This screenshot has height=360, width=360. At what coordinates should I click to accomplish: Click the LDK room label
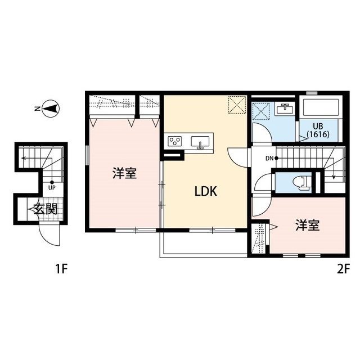pyautogui.click(x=206, y=191)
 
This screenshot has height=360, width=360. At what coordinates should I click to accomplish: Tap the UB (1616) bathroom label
pyautogui.click(x=318, y=130)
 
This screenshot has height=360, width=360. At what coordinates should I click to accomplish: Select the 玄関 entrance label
pyautogui.click(x=45, y=209)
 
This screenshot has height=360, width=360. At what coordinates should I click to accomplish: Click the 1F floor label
pyautogui.click(x=61, y=269)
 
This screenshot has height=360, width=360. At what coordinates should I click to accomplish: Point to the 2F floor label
pyautogui.click(x=343, y=269)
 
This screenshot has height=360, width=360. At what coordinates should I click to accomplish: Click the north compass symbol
pyautogui.click(x=51, y=109)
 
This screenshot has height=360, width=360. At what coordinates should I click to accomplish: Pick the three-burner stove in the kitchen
pyautogui.click(x=175, y=141)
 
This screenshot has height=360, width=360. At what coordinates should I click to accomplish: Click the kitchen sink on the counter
pyautogui.click(x=200, y=142)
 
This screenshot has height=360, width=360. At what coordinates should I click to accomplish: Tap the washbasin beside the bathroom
pyautogui.click(x=285, y=109)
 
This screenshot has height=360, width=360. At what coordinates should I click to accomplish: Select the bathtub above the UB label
pyautogui.click(x=321, y=107)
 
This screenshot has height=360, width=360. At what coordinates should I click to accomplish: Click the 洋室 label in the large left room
pyautogui.click(x=125, y=173)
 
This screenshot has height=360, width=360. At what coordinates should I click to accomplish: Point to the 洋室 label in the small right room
pyautogui.click(x=308, y=225)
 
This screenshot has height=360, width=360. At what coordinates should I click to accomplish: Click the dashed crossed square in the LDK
pyautogui.click(x=237, y=105)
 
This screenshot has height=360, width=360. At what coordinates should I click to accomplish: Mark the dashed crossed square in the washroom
pyautogui.click(x=261, y=111)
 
